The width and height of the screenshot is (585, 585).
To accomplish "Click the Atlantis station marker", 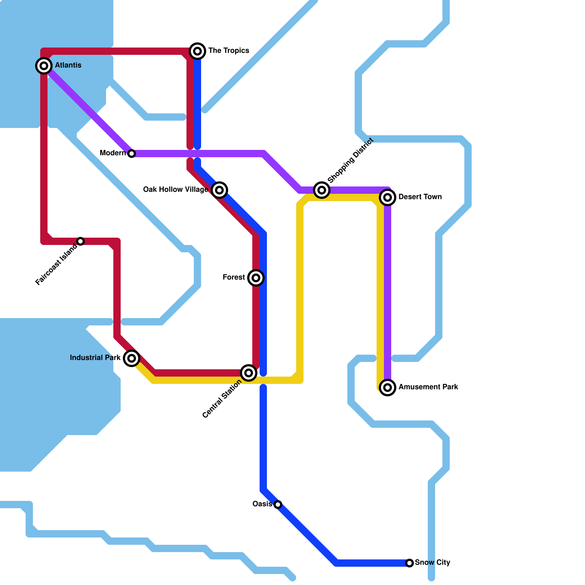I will [44, 66].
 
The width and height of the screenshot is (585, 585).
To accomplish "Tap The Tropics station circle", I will [197, 51].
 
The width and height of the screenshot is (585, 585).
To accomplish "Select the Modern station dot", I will [132, 154].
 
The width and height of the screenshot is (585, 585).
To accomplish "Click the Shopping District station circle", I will [322, 190].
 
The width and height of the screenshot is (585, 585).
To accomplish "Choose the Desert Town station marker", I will [388, 197].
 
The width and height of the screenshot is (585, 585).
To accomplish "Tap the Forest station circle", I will [256, 278].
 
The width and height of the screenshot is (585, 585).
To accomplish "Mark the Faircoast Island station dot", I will [80, 241].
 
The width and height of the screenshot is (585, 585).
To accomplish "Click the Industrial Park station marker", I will [132, 358].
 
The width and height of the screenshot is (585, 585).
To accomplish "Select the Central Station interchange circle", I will [249, 373].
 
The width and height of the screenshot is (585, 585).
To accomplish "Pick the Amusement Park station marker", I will [388, 388].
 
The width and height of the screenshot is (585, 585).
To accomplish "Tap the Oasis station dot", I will [278, 505].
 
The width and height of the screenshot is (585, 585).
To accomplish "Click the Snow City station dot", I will [409, 563].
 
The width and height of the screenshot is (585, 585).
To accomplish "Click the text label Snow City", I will [433, 562].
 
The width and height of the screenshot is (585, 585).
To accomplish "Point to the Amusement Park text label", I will [428, 387].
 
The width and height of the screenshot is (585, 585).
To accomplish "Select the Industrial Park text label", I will [95, 358].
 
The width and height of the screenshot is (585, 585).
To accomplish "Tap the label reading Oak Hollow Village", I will [175, 189].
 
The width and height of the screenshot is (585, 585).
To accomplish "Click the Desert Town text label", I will [420, 197].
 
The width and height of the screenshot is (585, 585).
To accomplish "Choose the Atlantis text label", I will [68, 65].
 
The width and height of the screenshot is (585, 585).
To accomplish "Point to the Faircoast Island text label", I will [57, 264].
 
